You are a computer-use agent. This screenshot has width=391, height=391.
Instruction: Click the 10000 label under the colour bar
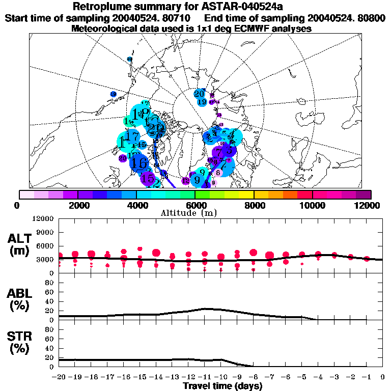pos(313,205)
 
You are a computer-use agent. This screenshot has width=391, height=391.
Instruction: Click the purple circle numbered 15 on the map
pos(148,178)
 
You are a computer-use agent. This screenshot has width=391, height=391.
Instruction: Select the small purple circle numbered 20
pos(122,158)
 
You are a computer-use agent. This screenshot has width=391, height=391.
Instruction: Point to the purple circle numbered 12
pos(185,180)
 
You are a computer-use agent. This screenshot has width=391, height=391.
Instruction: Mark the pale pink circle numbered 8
pos(217,173)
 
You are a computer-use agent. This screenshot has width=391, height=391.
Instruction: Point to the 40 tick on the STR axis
pos(50,348)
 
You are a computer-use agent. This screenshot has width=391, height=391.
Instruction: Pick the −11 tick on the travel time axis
pos(205,377)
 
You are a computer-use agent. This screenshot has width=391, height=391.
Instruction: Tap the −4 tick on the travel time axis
pos(318,377)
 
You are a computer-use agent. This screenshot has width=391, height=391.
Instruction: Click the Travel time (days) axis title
pos(222,386)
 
